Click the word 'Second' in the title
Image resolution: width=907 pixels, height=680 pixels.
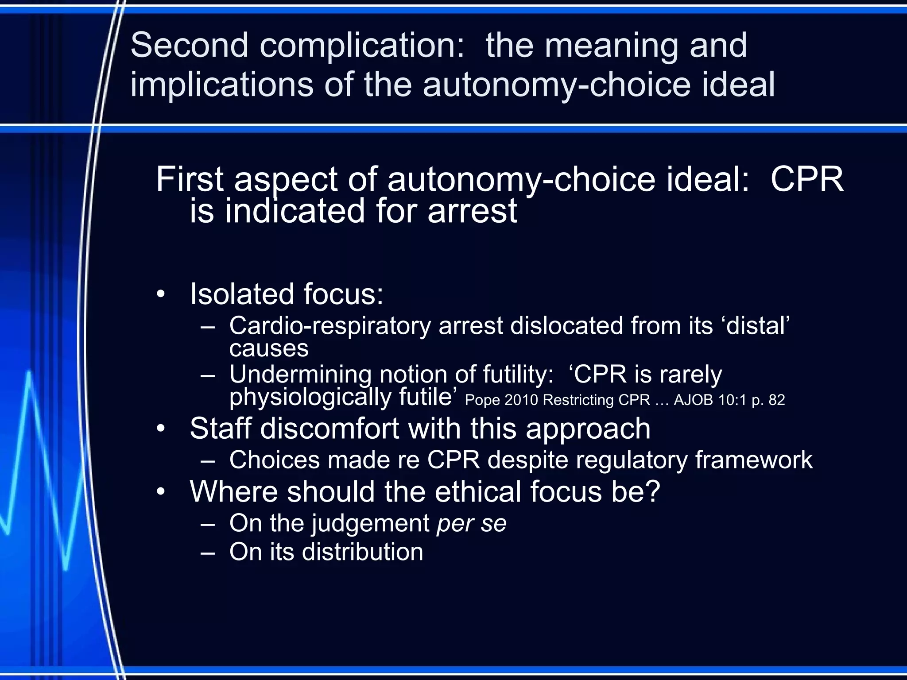pyautogui.click(x=189, y=45)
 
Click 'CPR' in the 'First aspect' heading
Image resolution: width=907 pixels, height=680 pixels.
pyautogui.click(x=807, y=179)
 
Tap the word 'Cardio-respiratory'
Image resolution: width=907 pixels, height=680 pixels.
pyautogui.click(x=330, y=326)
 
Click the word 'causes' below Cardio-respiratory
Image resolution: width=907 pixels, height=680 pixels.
pyautogui.click(x=269, y=348)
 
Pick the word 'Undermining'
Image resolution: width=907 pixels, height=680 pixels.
pyautogui.click(x=300, y=375)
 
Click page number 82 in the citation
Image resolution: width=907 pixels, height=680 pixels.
pyautogui.click(x=777, y=400)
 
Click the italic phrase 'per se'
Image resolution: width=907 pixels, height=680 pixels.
pyautogui.click(x=471, y=524)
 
